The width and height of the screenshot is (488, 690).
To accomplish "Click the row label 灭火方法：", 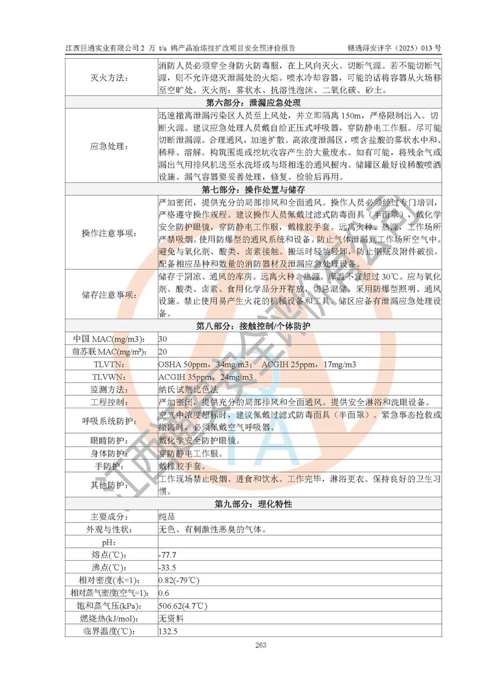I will point(106,78).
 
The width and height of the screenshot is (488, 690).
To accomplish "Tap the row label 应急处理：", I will point(106,146).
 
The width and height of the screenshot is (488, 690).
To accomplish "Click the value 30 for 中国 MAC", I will point(163,339).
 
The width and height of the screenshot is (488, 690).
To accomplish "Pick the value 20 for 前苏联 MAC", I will point(163,351).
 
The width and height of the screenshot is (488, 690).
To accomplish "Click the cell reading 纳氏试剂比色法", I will point(185,390).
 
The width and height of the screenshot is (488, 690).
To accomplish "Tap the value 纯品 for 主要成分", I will point(167,516).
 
